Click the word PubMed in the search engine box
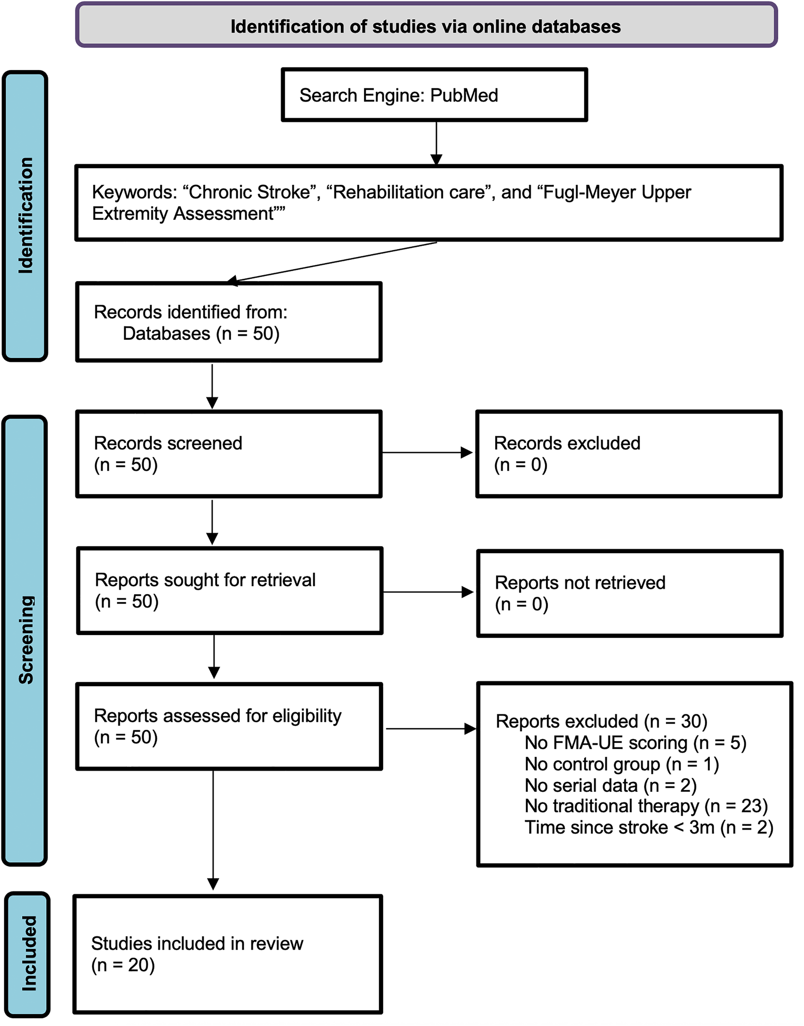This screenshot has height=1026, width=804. pos(464,95)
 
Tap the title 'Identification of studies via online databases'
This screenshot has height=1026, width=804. pos(425,26)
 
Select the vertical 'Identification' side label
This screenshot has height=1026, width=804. pos(25,215)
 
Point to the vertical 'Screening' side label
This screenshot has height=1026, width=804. pos(26,639)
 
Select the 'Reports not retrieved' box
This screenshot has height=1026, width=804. pos(629,593)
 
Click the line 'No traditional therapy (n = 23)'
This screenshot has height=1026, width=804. pos(646,806)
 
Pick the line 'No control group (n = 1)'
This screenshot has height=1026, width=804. pos(621,764)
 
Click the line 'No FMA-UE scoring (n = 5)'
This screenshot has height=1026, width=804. pos(635,743)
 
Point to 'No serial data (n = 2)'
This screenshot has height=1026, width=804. pos(610,785)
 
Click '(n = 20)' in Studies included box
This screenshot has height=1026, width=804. pos(123,965)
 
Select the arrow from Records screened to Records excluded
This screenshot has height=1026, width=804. pos(427,452)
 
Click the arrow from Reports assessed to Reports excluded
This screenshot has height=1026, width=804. pos(430,728)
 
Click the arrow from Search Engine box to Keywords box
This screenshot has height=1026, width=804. pos(436,142)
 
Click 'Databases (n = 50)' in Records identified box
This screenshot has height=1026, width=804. pos(201,334)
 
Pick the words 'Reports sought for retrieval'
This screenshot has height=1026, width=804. pos(205,580)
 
